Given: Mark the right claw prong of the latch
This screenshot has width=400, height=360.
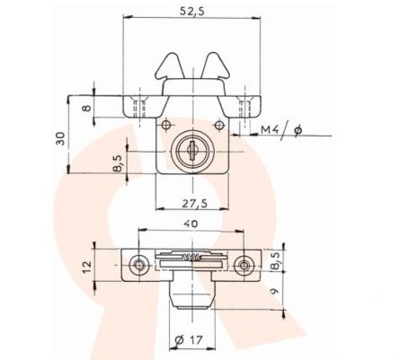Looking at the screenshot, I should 218,67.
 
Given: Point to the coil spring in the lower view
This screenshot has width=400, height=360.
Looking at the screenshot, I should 191,259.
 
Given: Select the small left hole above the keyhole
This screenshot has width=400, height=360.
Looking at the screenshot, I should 167,125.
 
